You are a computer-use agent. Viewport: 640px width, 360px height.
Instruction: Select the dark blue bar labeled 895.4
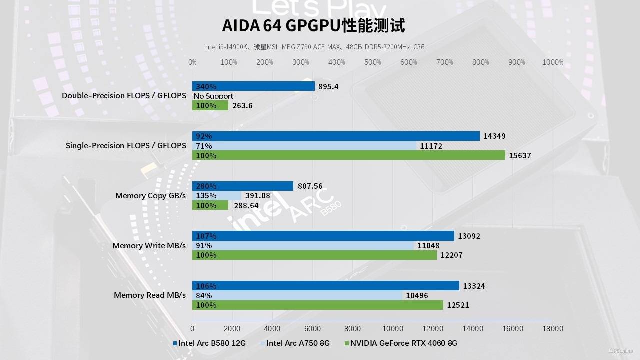[253, 86]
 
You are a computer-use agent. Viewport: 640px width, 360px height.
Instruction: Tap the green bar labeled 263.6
[210, 106]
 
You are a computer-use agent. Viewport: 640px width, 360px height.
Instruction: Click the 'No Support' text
[213, 96]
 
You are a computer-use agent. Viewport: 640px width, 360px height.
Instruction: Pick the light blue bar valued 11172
[304, 146]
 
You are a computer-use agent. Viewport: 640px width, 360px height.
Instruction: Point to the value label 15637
[520, 156]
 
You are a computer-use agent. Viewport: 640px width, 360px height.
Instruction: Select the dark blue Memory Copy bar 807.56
[243, 186]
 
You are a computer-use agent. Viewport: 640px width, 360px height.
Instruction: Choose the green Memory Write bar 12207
[314, 255]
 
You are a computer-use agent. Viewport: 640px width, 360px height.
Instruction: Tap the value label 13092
[469, 236]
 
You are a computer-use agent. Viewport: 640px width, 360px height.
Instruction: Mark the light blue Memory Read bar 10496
[297, 295]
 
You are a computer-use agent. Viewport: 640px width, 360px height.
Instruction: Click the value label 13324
[474, 286]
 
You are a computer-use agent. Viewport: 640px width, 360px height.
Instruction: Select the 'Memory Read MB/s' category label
[150, 295]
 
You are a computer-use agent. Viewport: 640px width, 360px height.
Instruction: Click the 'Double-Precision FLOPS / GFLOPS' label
[124, 96]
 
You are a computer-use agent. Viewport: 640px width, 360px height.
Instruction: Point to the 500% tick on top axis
[373, 62]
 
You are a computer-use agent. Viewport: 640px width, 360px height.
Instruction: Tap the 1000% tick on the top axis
[553, 62]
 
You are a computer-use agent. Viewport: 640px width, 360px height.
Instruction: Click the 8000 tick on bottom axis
[352, 329]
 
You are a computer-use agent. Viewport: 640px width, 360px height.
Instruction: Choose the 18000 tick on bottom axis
[553, 329]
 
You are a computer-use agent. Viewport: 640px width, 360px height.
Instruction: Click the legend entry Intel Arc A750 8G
[298, 343]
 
